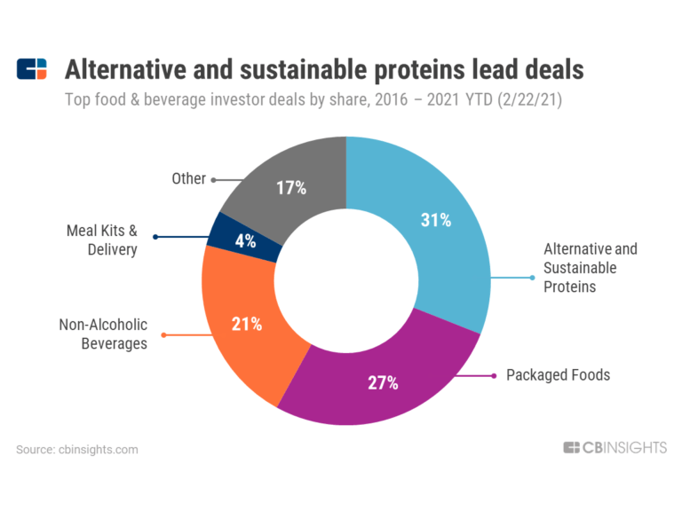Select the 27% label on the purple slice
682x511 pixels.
pos(384,383)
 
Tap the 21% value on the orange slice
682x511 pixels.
pos(247,324)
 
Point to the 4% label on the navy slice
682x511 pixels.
pos(246,240)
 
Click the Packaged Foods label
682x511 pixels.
pos(558,374)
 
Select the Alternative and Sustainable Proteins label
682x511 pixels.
pos(590,268)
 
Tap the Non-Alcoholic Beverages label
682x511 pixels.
pos(103,334)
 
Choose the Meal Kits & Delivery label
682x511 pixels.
pos(102,240)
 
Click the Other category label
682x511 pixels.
pos(188,179)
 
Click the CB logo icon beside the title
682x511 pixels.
pos(32,69)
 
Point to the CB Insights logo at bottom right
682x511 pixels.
pos(615,448)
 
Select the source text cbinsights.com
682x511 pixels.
pos(77,450)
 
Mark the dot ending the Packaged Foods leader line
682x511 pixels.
pos(494,375)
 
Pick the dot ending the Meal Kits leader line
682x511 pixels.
pos(156,236)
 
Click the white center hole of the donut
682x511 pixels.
pos(345,281)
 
